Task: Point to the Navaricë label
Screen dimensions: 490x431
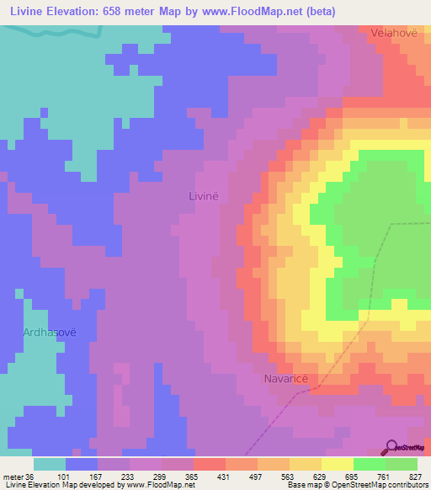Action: (289, 379)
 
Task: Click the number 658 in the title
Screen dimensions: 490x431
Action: (123, 12)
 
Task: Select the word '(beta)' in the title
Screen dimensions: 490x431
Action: (336, 12)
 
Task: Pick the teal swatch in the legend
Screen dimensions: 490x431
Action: (49, 464)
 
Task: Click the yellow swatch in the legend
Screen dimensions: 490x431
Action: (337, 464)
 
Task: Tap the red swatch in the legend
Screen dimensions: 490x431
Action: (209, 464)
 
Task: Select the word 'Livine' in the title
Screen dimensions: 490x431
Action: (29, 12)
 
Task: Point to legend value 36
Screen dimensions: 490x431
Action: (32, 476)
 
